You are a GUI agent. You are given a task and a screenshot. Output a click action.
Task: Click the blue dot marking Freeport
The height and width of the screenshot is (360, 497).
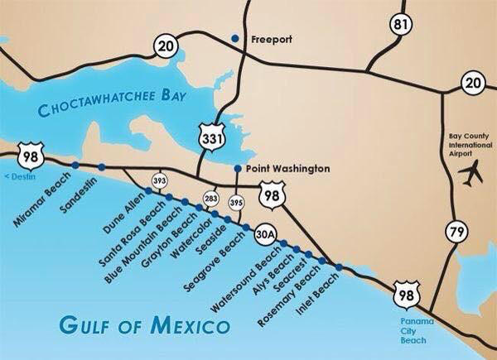coord(235,38)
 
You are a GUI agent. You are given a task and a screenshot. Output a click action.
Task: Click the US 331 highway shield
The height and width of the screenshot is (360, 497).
coord(210,133)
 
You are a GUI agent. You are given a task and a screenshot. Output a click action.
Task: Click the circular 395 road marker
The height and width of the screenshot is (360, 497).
coord(235,199)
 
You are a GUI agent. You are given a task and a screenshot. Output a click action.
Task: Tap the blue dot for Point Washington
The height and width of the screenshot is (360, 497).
coord(239,169)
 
